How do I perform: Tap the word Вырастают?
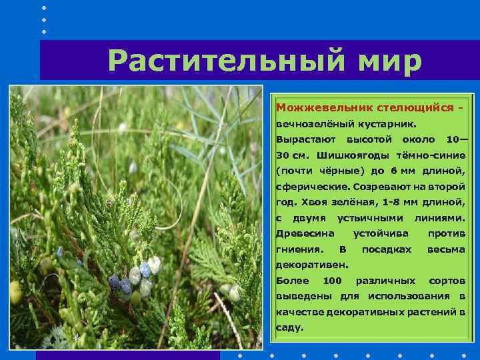(x=303, y=140)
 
